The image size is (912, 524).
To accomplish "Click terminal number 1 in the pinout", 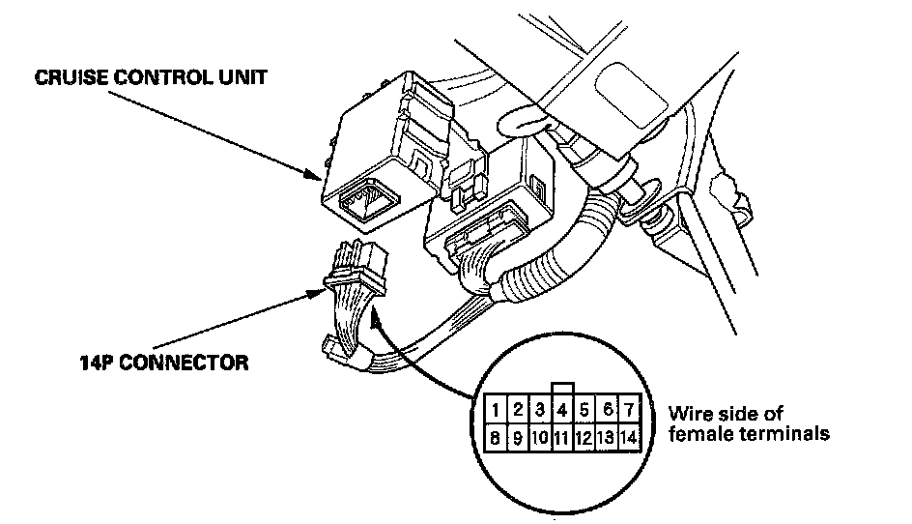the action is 495,409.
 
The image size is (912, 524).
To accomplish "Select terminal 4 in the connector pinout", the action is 562,409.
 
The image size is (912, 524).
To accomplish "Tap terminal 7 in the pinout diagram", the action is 629,409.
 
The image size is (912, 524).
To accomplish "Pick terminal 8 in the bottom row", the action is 495,437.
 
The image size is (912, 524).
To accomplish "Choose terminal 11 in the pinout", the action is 562,437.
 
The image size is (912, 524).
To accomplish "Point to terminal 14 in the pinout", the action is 629,437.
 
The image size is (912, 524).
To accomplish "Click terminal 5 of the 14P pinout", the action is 584,409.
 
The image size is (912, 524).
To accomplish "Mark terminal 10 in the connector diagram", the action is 540,437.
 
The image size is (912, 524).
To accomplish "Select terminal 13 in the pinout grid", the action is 607,437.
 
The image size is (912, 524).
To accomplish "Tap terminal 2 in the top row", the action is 518,409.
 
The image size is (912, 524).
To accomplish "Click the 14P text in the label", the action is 98,363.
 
